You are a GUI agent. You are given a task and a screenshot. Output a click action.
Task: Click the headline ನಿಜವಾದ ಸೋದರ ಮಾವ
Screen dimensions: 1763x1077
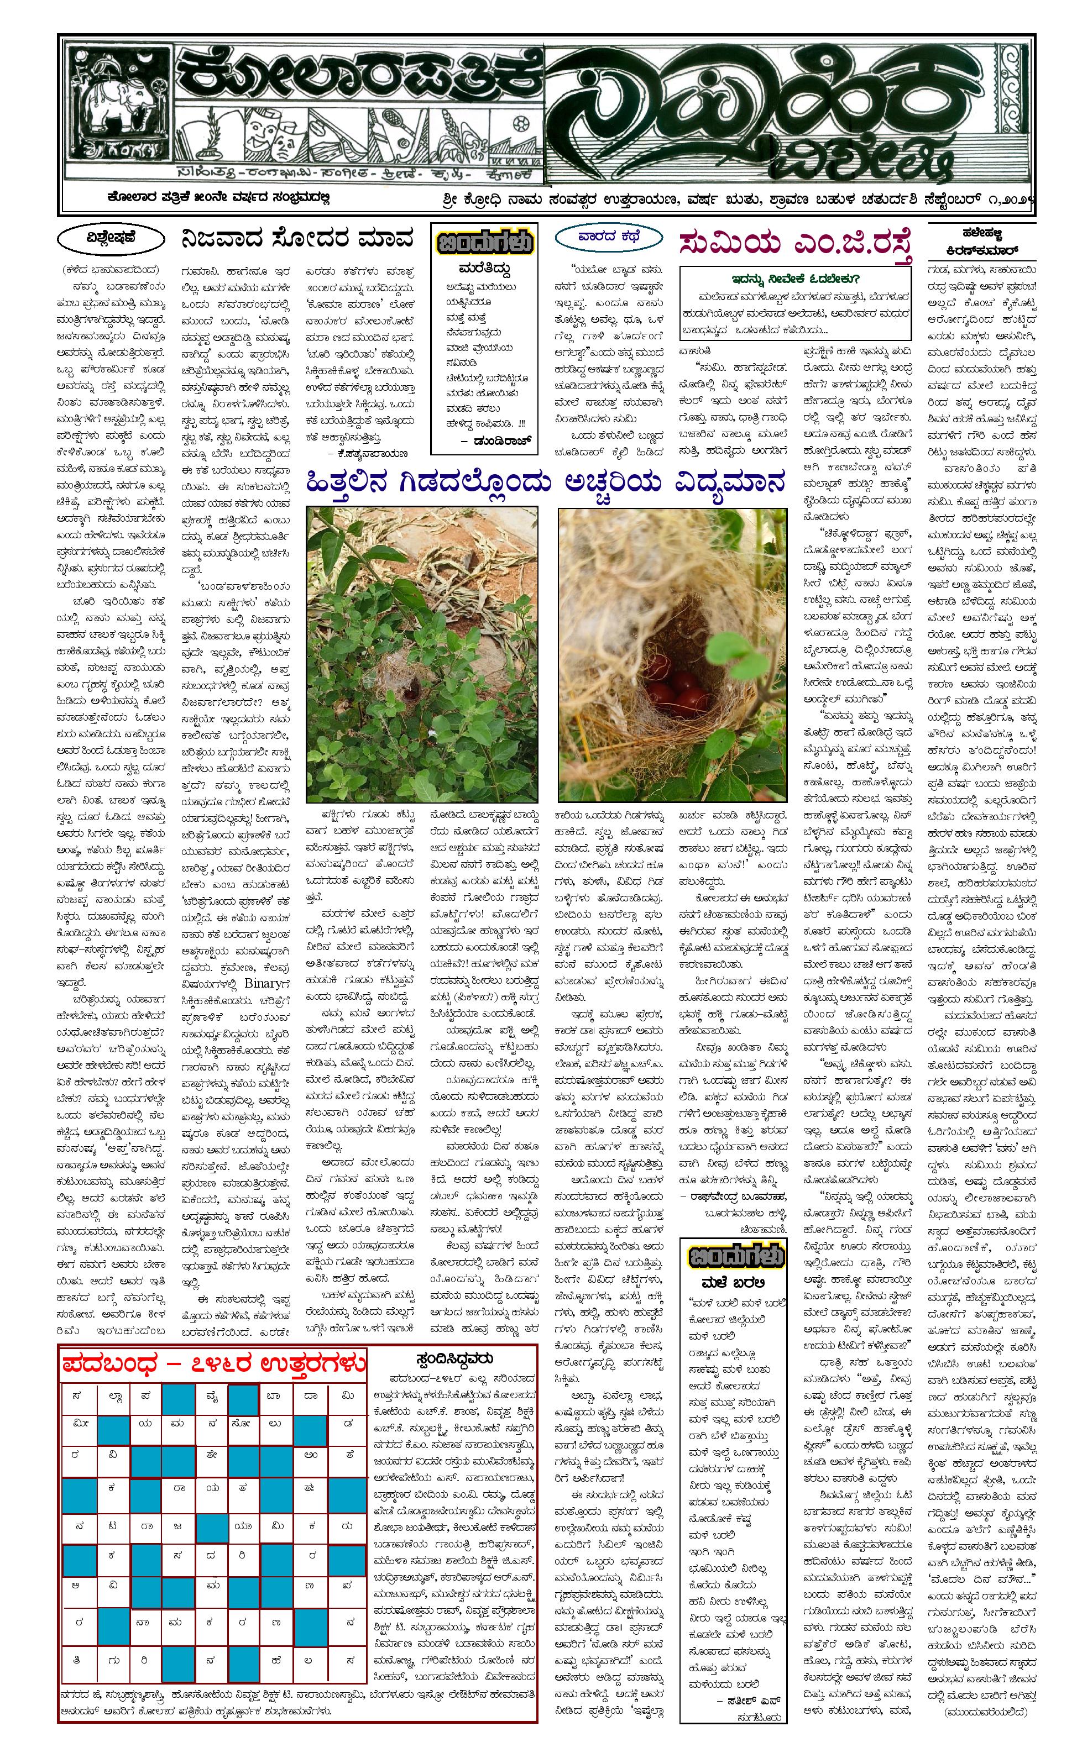click(297, 239)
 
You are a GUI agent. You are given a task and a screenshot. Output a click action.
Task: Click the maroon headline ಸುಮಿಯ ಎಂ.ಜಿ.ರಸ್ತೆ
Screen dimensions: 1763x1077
click(796, 244)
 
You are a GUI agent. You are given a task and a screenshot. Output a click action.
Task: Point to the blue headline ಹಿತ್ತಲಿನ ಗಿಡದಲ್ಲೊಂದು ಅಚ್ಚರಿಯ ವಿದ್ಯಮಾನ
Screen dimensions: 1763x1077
click(545, 483)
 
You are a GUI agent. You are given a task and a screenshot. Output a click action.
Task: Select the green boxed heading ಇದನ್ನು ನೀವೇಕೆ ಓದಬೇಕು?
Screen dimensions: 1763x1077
click(794, 279)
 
